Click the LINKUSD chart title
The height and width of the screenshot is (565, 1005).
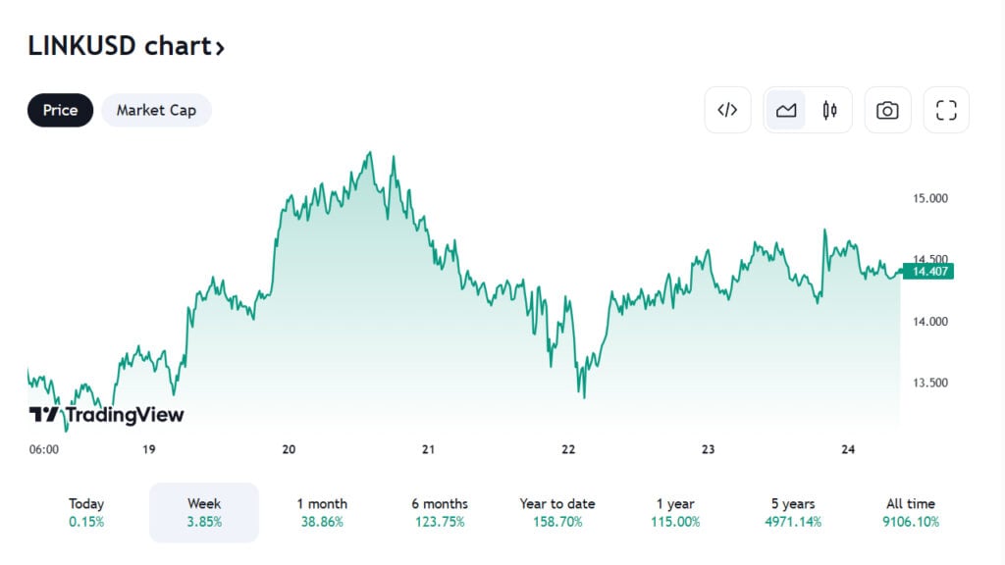coord(126,46)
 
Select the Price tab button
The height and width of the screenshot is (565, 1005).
coord(60,110)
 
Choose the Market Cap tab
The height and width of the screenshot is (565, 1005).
coord(156,110)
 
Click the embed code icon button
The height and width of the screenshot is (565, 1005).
coord(727,110)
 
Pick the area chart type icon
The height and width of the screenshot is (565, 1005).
coord(786,110)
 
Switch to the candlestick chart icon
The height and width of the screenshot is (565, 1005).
coord(830,110)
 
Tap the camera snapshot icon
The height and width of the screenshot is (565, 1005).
coord(887,110)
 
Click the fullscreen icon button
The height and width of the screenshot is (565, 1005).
coord(946,110)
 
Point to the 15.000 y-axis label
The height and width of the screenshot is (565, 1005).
coord(930,198)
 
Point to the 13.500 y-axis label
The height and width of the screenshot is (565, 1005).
coord(930,383)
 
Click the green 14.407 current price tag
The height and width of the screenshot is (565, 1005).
coord(928,272)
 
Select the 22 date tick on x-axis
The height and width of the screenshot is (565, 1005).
coord(568,449)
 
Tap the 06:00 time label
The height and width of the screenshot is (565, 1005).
coord(44,449)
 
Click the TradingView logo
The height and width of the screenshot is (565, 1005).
coord(106,415)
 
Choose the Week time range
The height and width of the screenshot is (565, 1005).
coord(204,512)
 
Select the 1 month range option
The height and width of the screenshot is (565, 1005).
coord(322,512)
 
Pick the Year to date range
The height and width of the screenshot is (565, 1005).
coord(557,512)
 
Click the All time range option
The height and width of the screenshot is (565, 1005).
coord(911,512)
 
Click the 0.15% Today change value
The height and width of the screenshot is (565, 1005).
coord(86,522)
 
